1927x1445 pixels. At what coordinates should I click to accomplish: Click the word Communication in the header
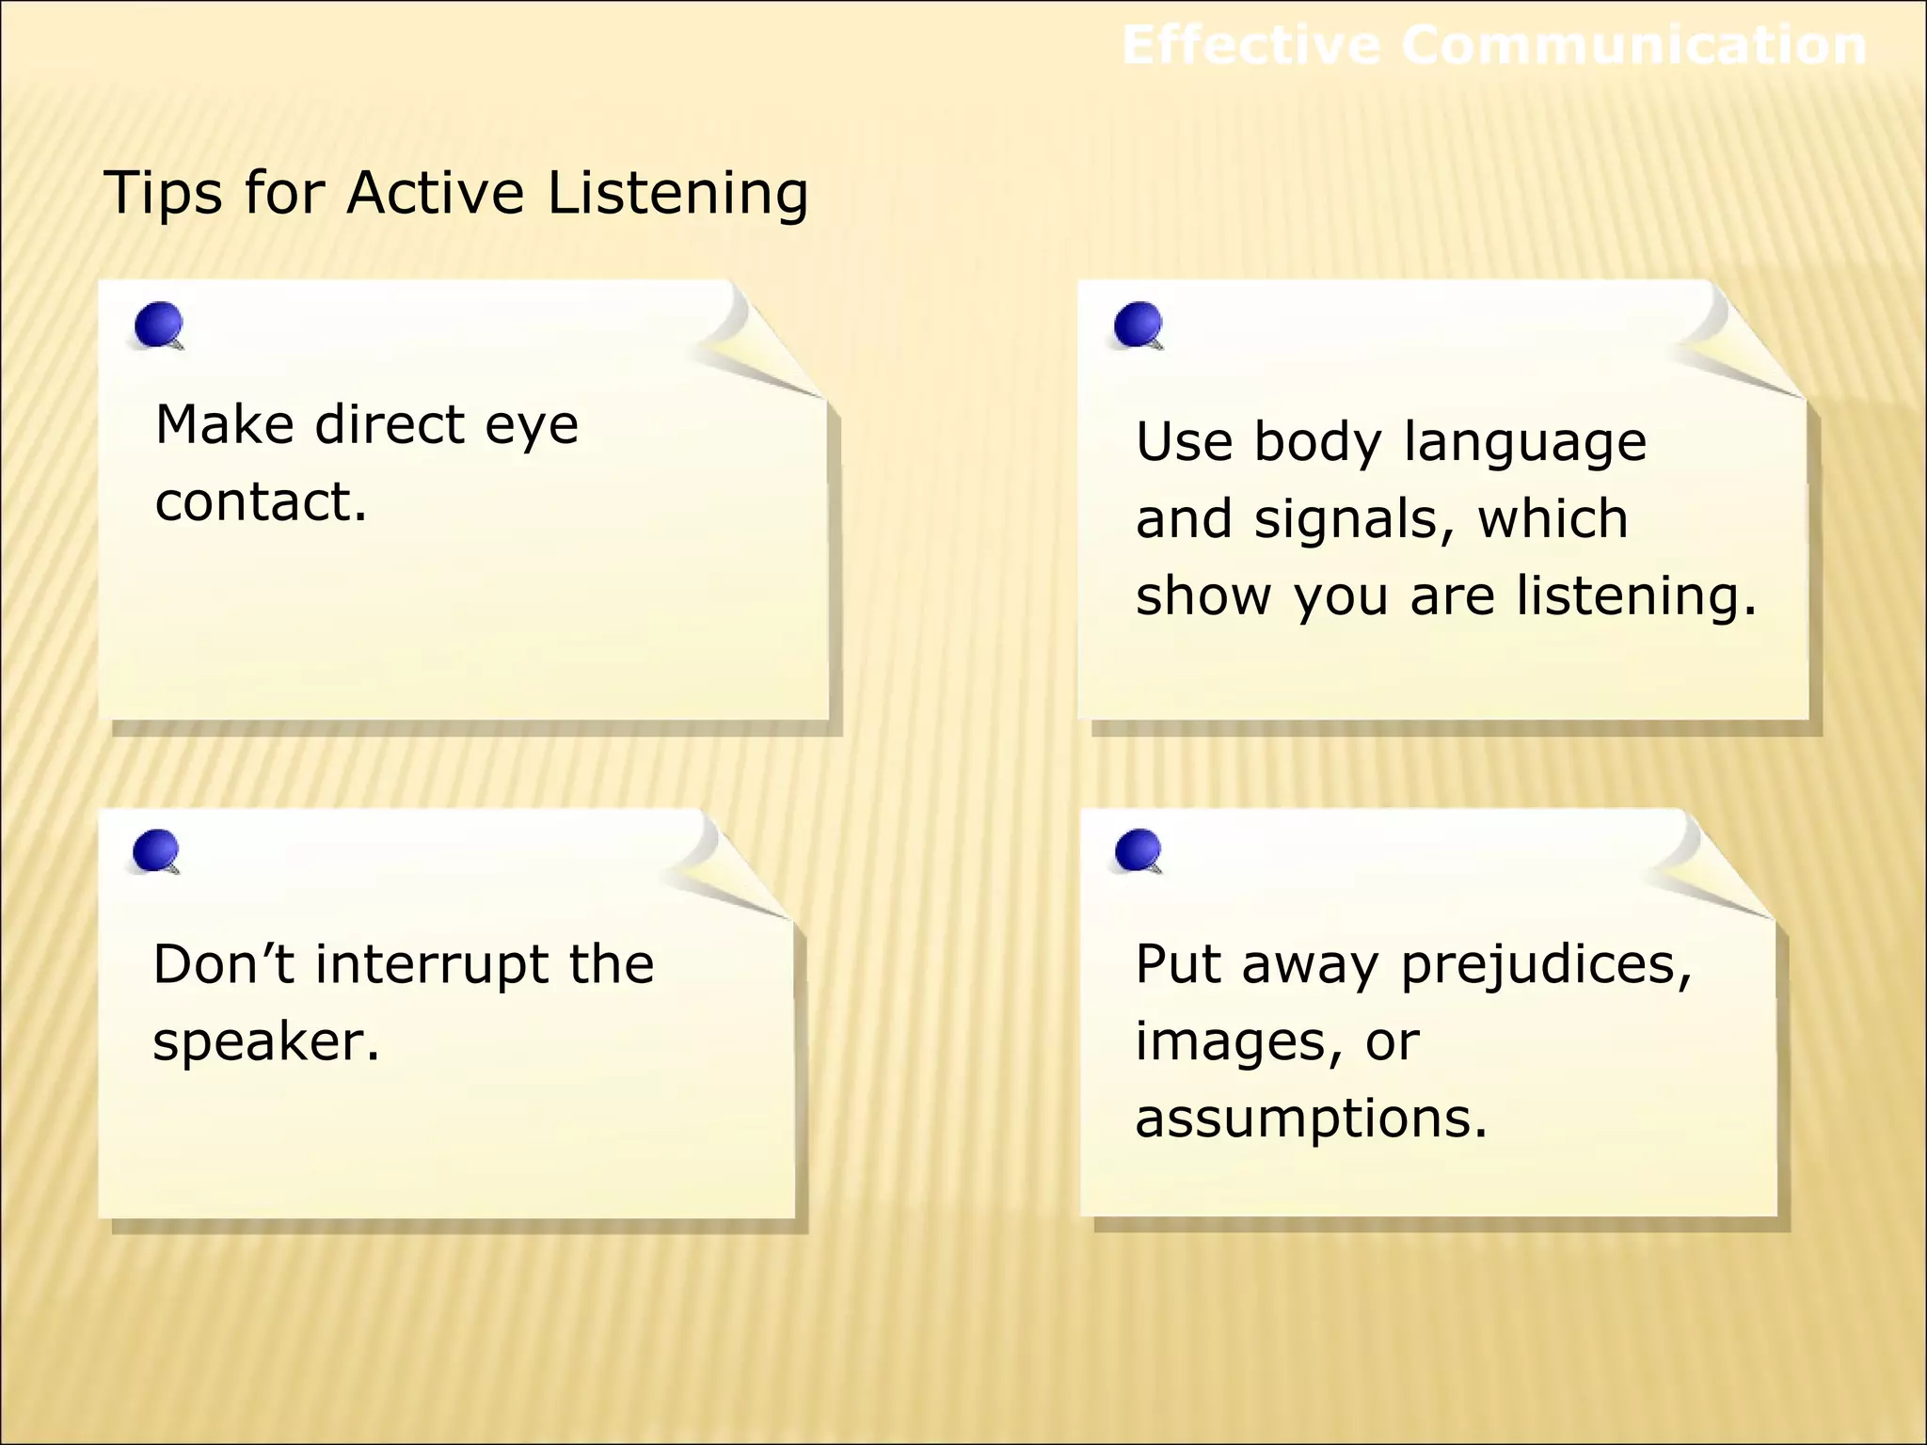1633,45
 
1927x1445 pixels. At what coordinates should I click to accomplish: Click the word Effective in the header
1251,45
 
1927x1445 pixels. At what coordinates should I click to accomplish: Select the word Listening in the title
677,193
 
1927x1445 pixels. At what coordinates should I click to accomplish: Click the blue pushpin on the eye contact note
158,325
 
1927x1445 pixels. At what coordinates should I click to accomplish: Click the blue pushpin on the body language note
1138,325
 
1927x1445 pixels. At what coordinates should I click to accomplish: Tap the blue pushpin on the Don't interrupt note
156,850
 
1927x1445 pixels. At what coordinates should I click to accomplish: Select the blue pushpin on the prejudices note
1138,850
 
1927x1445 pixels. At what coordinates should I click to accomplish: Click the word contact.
261,500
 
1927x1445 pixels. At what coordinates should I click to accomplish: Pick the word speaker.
265,1042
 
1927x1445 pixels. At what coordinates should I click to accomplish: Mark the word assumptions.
1311,1119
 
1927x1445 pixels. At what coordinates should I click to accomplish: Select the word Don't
224,965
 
